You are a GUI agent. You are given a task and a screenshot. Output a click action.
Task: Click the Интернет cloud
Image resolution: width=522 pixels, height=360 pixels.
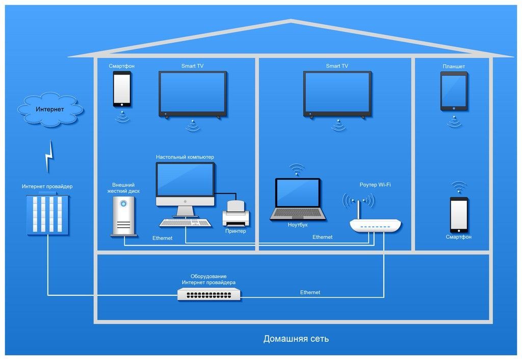(x=50, y=109)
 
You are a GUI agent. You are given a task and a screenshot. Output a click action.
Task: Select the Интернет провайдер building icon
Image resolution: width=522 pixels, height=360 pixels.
(x=47, y=214)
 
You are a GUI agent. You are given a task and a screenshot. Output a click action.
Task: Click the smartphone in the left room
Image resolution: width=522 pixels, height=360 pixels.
(x=122, y=89)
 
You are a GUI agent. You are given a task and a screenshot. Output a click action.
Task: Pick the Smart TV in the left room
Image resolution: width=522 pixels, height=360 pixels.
(x=192, y=94)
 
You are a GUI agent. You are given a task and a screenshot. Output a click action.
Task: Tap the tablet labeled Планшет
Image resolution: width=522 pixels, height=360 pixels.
(x=454, y=91)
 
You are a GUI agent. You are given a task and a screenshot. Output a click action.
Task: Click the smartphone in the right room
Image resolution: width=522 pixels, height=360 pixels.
(x=458, y=214)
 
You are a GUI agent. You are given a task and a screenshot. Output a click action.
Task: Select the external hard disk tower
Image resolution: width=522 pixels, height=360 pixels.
(x=123, y=217)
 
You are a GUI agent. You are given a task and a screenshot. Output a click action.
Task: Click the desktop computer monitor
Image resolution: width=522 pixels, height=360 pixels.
(x=185, y=184)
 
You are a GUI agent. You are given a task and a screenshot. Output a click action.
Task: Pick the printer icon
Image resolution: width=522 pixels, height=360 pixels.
(x=236, y=214)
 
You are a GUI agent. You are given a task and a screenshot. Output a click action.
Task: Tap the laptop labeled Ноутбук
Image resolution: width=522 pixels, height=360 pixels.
(x=298, y=199)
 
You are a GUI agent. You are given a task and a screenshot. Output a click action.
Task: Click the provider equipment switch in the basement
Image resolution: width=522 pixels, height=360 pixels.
(x=209, y=294)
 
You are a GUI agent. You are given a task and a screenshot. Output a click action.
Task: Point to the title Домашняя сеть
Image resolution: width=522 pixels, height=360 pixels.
(x=296, y=339)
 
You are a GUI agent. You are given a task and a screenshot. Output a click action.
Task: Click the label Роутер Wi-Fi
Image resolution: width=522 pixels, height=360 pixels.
(x=375, y=185)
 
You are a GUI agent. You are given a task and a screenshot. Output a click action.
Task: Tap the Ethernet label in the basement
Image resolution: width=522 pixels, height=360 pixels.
(x=310, y=292)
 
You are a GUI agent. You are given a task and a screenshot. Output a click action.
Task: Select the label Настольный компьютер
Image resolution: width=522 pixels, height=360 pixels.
(x=185, y=157)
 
